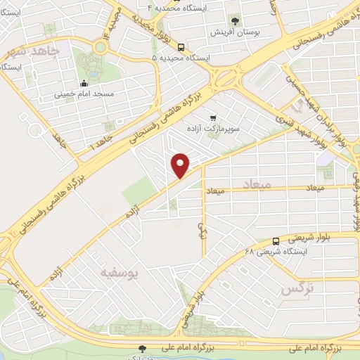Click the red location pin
click(181, 165)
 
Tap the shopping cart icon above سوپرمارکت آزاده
click(212, 118)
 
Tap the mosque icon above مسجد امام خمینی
click(84, 81)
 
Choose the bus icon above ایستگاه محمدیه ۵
click(181, 47)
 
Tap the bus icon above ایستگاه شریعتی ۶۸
click(275, 241)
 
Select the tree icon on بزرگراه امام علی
click(143, 348)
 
